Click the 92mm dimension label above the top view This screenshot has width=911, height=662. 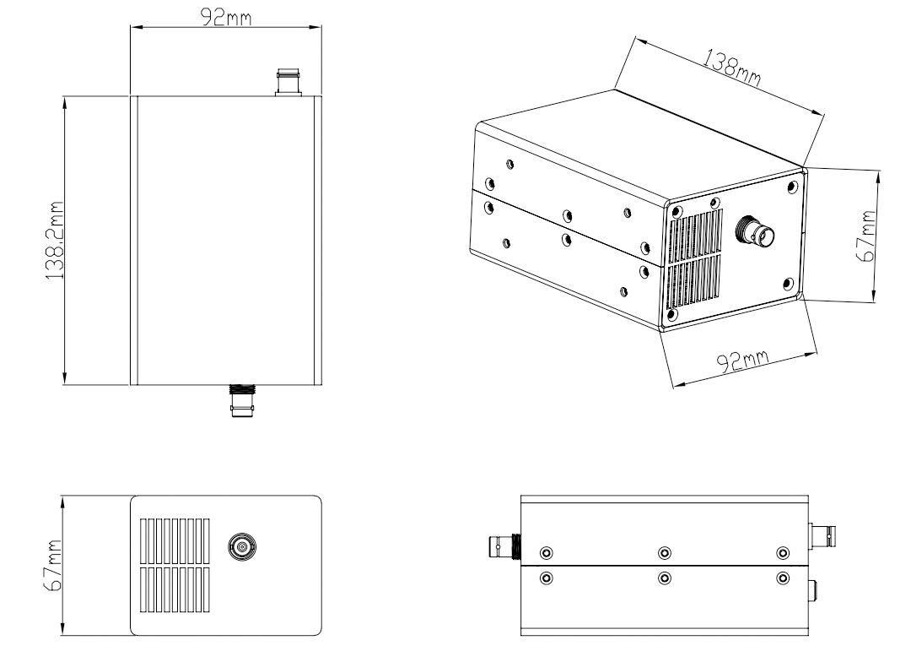click(x=224, y=18)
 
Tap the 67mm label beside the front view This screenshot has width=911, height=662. click(x=53, y=566)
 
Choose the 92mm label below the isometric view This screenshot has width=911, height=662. click(x=744, y=360)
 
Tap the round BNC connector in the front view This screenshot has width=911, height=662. click(x=243, y=548)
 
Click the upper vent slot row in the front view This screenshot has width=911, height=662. click(x=174, y=539)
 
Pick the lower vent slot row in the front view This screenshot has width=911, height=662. click(x=174, y=589)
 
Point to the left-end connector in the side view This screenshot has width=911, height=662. click(x=504, y=549)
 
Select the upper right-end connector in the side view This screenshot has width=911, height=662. click(x=822, y=534)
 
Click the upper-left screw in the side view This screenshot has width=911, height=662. click(x=547, y=553)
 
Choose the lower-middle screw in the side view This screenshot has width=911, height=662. click(x=665, y=578)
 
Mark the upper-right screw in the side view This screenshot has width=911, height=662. click(x=783, y=553)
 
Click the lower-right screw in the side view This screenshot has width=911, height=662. click(x=783, y=578)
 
